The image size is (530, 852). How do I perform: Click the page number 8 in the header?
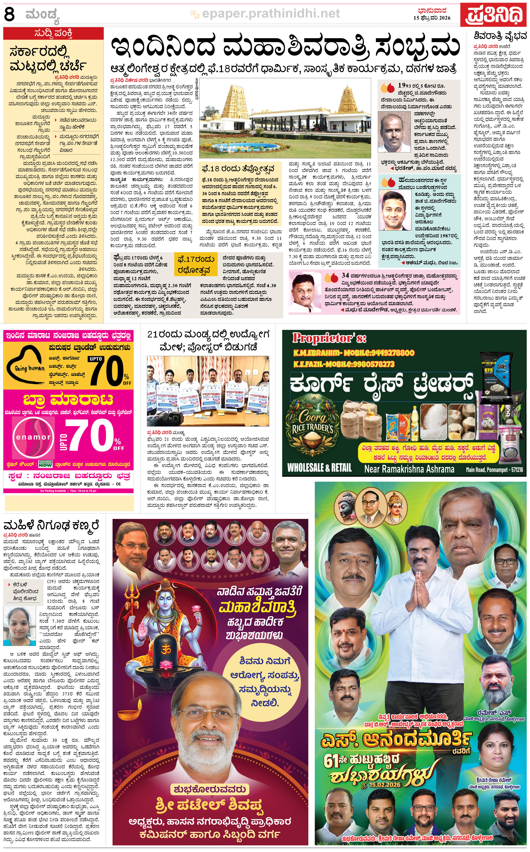[9, 14]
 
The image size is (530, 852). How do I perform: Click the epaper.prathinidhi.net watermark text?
[271, 14]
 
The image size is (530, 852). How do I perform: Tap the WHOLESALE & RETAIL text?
[319, 468]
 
